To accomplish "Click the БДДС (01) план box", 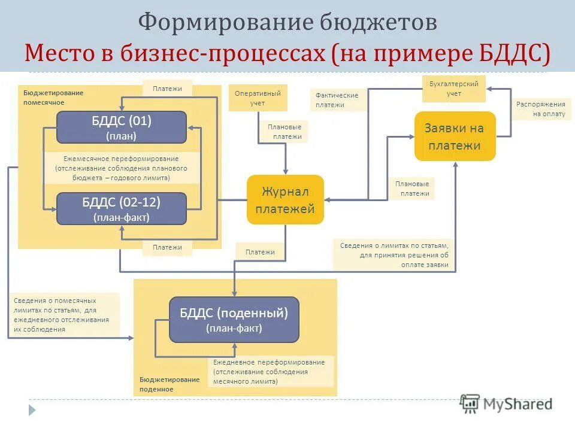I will click(x=122, y=127).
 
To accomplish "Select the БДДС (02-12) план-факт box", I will click(x=122, y=208).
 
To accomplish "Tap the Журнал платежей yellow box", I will click(x=285, y=200).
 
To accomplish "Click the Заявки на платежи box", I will click(x=455, y=136).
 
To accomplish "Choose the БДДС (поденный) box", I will click(x=234, y=320).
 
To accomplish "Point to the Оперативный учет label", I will click(x=258, y=98).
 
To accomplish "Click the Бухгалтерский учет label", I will click(x=453, y=89).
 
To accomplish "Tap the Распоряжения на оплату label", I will click(x=541, y=109).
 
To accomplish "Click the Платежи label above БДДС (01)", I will click(x=167, y=89).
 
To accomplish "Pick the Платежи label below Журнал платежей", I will click(x=260, y=252).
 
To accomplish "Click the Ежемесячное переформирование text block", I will click(x=122, y=168).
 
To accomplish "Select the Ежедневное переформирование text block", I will click(x=269, y=371).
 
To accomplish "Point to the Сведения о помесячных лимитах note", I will click(x=63, y=314).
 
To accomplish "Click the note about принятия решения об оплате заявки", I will click(x=394, y=255).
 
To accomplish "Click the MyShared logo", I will click(x=506, y=404).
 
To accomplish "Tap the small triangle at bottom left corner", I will click(x=32, y=410).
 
